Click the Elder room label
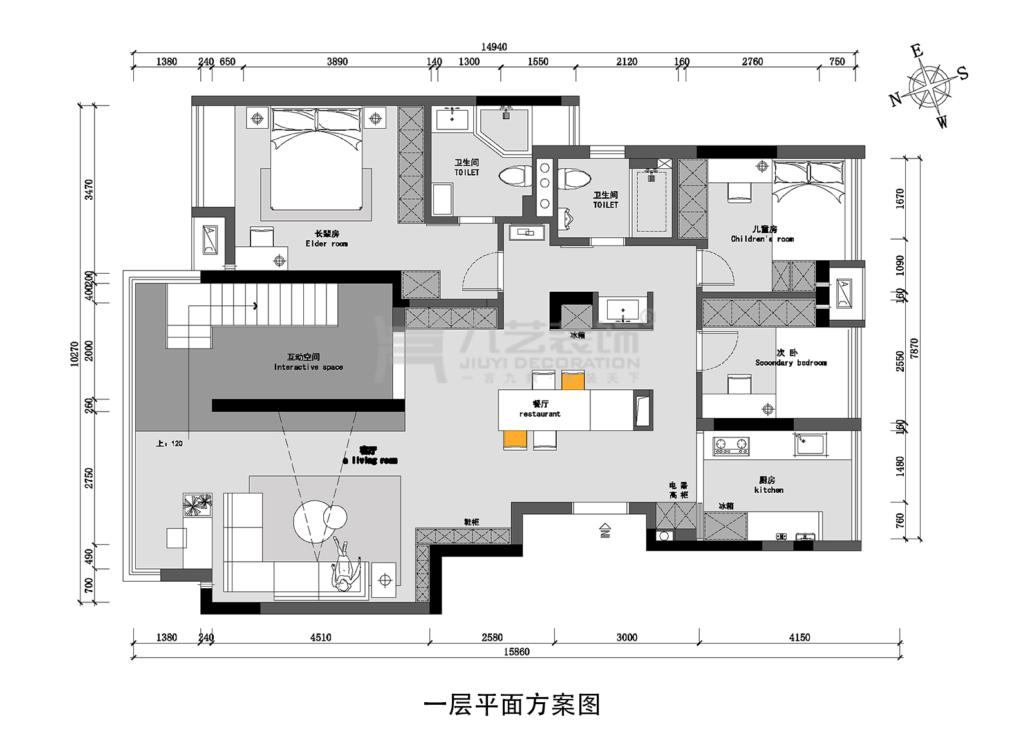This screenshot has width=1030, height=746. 326,239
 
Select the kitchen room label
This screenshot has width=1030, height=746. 768,485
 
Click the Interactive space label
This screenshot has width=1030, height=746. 308,362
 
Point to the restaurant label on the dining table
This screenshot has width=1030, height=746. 540,409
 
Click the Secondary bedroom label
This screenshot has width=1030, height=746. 791,358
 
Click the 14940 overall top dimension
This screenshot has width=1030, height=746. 494,46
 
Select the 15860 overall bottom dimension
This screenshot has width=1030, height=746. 516,652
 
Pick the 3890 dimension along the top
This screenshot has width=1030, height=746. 337,62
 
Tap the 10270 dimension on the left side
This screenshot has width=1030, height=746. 75,354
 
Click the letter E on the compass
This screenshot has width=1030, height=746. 917,51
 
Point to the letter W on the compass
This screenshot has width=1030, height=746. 942,121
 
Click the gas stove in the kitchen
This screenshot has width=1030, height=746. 731,446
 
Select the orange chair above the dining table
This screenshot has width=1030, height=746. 572,380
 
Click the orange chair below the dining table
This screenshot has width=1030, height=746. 515,440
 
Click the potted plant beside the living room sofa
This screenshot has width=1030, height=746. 197,504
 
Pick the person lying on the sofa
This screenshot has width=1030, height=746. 344,567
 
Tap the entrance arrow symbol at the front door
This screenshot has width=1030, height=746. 604,530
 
